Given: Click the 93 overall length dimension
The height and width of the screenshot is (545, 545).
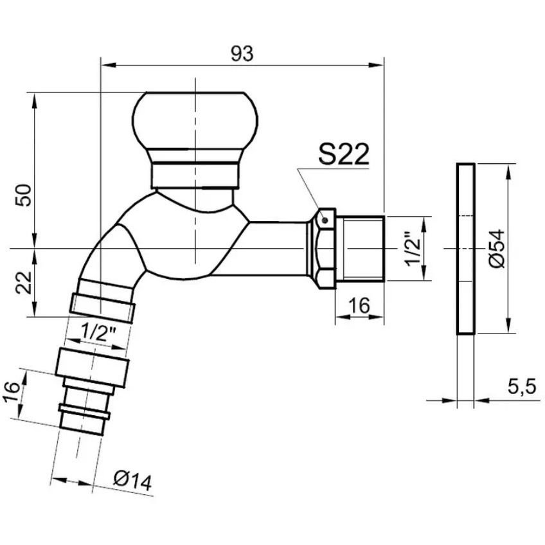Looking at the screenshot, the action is [242, 53].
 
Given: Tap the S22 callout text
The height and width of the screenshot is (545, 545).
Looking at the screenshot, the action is [343, 154].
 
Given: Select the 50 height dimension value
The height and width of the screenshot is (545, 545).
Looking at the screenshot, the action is [24, 195].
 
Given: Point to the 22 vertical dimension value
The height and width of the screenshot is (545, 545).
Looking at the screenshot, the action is [24, 282].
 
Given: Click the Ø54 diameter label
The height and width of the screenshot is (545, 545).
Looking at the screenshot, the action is [496, 248].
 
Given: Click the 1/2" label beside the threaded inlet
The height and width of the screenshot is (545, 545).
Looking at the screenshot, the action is [414, 248].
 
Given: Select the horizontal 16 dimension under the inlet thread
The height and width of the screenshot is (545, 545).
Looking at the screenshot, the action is [359, 305].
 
